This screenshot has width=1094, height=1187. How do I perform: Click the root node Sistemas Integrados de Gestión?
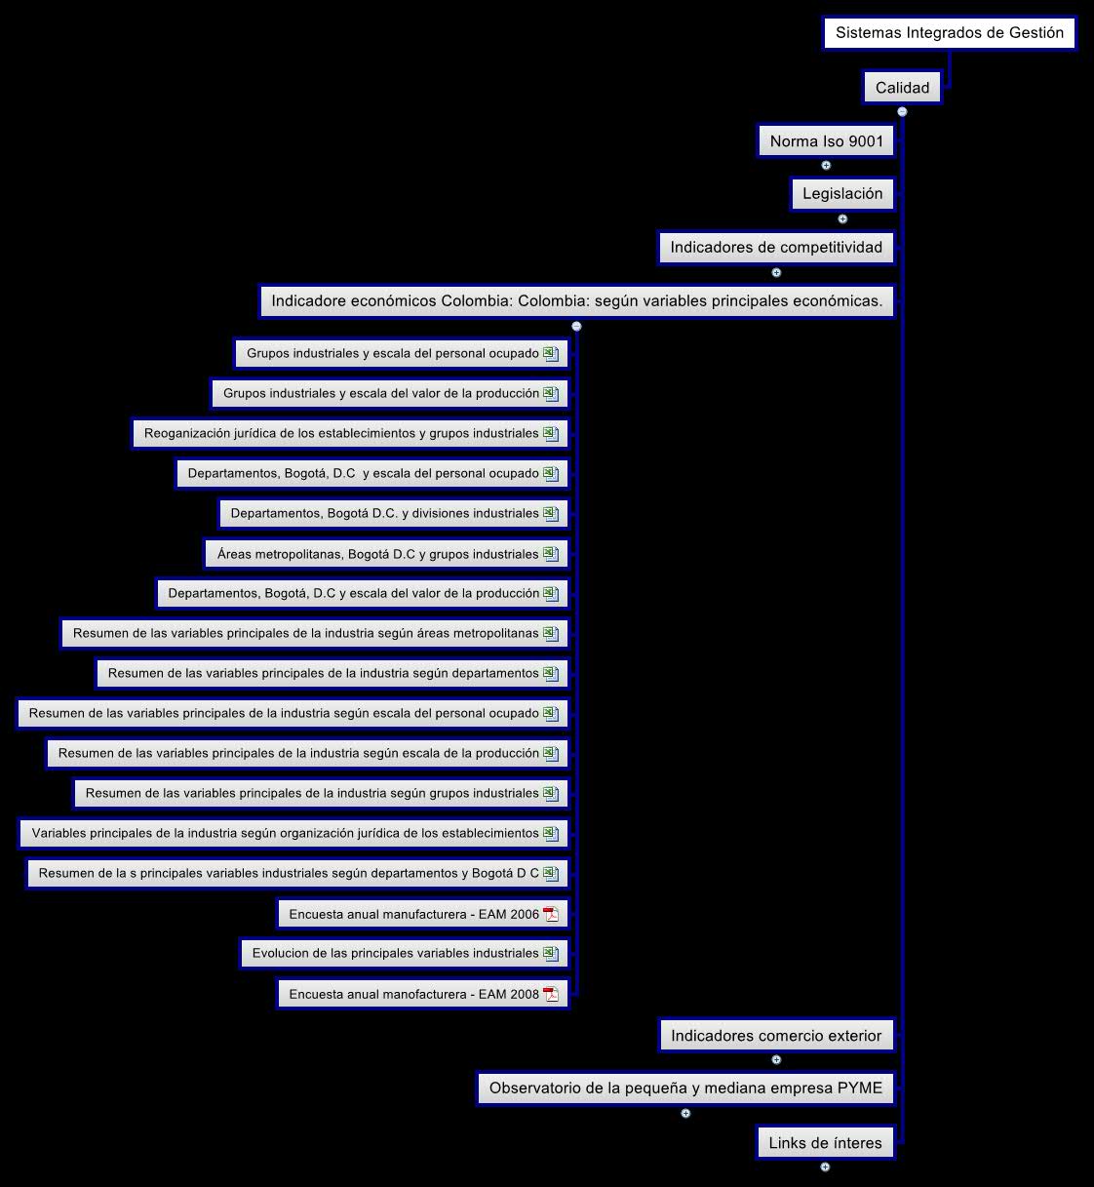(949, 33)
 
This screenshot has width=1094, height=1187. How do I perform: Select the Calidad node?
(902, 88)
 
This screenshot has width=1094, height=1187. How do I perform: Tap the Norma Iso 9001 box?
(826, 141)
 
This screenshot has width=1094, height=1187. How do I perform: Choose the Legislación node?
(842, 194)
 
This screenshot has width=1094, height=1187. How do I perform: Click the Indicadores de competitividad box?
(775, 248)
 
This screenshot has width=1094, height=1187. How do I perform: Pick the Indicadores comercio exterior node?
(775, 1036)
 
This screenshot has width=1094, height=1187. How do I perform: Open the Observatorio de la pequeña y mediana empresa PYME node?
(685, 1088)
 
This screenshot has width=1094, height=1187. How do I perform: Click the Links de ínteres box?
(825, 1143)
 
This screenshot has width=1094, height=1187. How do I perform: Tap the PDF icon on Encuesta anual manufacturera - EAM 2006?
(551, 914)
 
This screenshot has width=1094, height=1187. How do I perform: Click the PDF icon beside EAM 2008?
(551, 994)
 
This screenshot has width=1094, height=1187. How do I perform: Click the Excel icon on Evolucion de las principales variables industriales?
(551, 954)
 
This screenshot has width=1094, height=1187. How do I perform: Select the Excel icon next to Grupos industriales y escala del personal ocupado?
(551, 353)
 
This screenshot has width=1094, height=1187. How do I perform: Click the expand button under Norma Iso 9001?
(826, 166)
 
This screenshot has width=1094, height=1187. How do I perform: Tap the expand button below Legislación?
(842, 218)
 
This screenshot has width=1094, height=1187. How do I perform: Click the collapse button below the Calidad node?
(902, 112)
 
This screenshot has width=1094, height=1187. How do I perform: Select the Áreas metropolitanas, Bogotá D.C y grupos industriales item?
(377, 554)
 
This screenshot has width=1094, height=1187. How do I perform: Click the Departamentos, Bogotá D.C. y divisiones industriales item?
(384, 514)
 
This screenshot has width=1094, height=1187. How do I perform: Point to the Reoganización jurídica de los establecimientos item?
(341, 434)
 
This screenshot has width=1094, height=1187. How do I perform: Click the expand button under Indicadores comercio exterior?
(776, 1059)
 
